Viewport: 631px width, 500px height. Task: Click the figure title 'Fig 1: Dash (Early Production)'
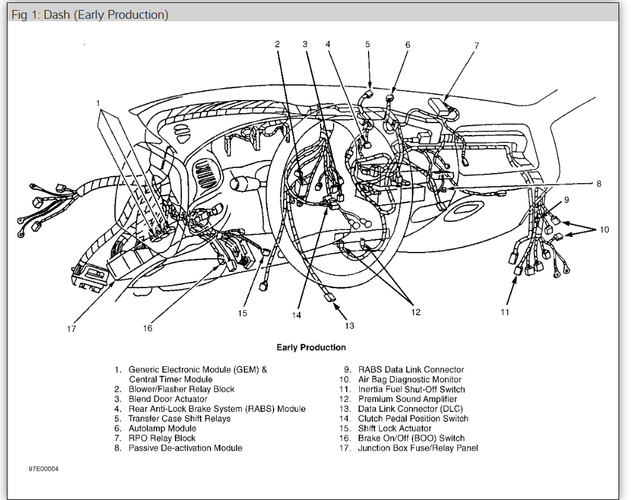tap(90, 15)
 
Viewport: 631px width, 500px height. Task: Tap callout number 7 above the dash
tap(476, 46)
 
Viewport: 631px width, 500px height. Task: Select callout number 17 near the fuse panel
tap(71, 329)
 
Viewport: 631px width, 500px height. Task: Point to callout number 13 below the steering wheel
tap(349, 326)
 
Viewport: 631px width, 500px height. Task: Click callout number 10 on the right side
tap(604, 230)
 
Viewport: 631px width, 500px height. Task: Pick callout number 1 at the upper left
tap(98, 102)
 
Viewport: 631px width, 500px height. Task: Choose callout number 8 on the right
tap(599, 184)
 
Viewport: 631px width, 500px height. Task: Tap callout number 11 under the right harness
tap(505, 312)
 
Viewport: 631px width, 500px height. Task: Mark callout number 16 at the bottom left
tap(147, 328)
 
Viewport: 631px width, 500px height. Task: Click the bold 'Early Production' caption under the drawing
tap(311, 347)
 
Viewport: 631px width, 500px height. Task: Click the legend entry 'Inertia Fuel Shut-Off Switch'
tap(412, 389)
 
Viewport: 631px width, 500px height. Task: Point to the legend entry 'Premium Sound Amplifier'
tap(407, 399)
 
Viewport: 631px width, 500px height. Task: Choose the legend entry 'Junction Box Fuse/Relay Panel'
tap(418, 448)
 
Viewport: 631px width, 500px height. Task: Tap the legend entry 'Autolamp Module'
tap(162, 429)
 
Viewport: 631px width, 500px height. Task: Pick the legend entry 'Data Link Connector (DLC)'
tap(410, 409)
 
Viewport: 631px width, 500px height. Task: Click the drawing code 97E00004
tap(43, 469)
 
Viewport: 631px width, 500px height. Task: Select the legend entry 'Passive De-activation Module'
tap(186, 448)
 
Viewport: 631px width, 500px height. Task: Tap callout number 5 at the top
tap(368, 44)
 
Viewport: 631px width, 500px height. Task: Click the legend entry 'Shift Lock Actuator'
tap(395, 429)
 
